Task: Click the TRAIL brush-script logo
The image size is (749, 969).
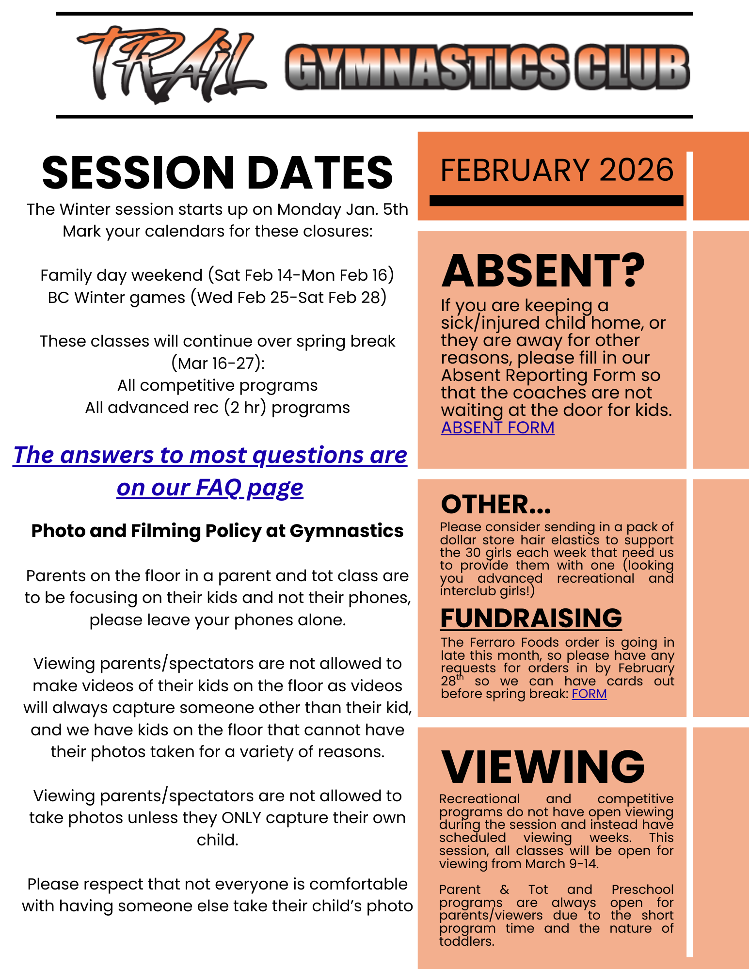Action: (x=170, y=65)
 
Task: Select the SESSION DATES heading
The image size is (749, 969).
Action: (x=217, y=173)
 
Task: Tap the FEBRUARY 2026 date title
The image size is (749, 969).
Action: (x=557, y=170)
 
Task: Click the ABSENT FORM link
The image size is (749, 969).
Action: (x=497, y=428)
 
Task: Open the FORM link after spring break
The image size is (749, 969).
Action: (x=589, y=694)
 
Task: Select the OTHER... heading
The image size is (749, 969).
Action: (x=496, y=505)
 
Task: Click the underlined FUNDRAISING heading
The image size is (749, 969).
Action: (x=531, y=618)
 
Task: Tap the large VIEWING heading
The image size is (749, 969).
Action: (x=542, y=767)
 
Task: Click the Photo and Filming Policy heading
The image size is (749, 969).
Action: (x=217, y=531)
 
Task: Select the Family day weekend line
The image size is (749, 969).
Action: (x=217, y=275)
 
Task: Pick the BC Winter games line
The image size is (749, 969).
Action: (x=217, y=297)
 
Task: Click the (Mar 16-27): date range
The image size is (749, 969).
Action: (x=218, y=363)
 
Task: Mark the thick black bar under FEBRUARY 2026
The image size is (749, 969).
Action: (x=556, y=201)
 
